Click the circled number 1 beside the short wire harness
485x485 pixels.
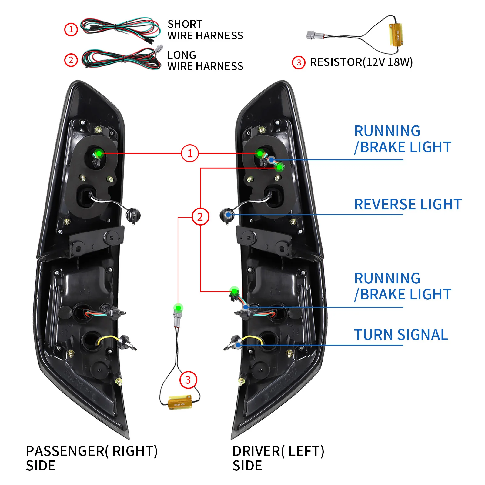tap(71, 29)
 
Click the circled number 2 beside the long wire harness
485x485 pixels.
tap(71, 60)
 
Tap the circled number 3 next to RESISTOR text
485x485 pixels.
tap(299, 63)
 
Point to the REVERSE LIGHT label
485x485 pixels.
tap(408, 204)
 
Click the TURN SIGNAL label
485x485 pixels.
tap(401, 335)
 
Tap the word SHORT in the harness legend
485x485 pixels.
tap(185, 24)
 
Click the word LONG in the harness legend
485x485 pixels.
tap(182, 55)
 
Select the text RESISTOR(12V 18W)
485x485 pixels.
tap(361, 62)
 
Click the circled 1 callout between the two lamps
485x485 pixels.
tap(190, 153)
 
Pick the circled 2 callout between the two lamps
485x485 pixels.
tap(200, 217)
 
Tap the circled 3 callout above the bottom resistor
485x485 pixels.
tap(188, 380)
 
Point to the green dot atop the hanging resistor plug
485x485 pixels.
tap(179, 308)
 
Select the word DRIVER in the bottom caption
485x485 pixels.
tap(256, 451)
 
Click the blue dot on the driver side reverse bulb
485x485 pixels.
tap(229, 215)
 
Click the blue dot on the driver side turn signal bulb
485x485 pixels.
tap(238, 345)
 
